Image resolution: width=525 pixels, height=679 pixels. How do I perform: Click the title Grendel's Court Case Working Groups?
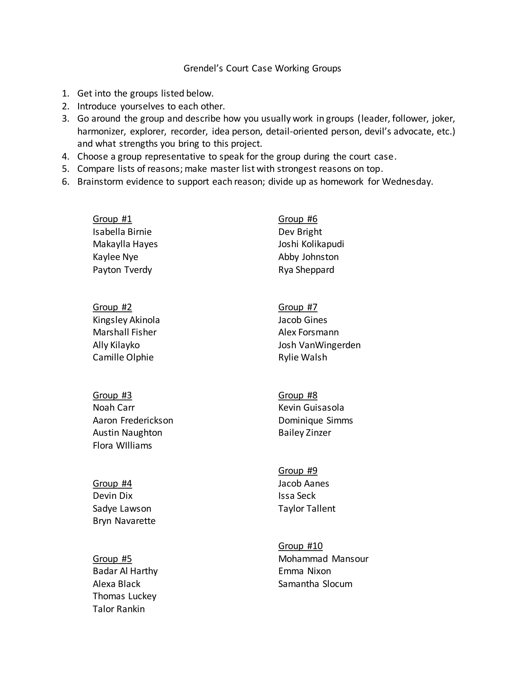[x=262, y=68]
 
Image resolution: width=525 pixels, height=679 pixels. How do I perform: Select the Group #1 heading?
[x=112, y=219]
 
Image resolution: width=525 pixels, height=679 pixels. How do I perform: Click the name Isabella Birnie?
[x=122, y=232]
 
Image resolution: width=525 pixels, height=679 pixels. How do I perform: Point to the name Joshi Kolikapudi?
[x=311, y=244]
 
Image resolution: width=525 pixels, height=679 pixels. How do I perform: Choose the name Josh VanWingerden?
[x=319, y=345]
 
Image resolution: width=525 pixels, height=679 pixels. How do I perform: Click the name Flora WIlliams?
[x=122, y=446]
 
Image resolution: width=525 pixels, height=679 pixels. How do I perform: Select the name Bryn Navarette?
[x=124, y=521]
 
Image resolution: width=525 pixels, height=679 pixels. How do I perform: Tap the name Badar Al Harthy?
[x=125, y=571]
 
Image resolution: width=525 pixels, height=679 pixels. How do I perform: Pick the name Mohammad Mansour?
[x=323, y=559]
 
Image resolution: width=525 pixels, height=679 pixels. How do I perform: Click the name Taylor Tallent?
[x=307, y=509]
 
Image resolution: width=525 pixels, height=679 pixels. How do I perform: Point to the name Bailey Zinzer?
[x=305, y=433]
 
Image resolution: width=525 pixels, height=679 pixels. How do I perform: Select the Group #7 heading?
[x=298, y=307]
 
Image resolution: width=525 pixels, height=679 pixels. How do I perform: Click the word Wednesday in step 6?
[x=407, y=182]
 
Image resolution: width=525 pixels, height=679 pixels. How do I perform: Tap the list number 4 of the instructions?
[x=65, y=156]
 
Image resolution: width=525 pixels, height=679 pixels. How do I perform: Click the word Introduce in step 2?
[x=97, y=106]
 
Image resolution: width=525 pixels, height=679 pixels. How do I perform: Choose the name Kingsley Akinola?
[x=126, y=320]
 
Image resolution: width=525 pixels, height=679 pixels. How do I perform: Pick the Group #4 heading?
[x=112, y=483]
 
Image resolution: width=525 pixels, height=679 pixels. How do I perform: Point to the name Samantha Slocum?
[x=315, y=584]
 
